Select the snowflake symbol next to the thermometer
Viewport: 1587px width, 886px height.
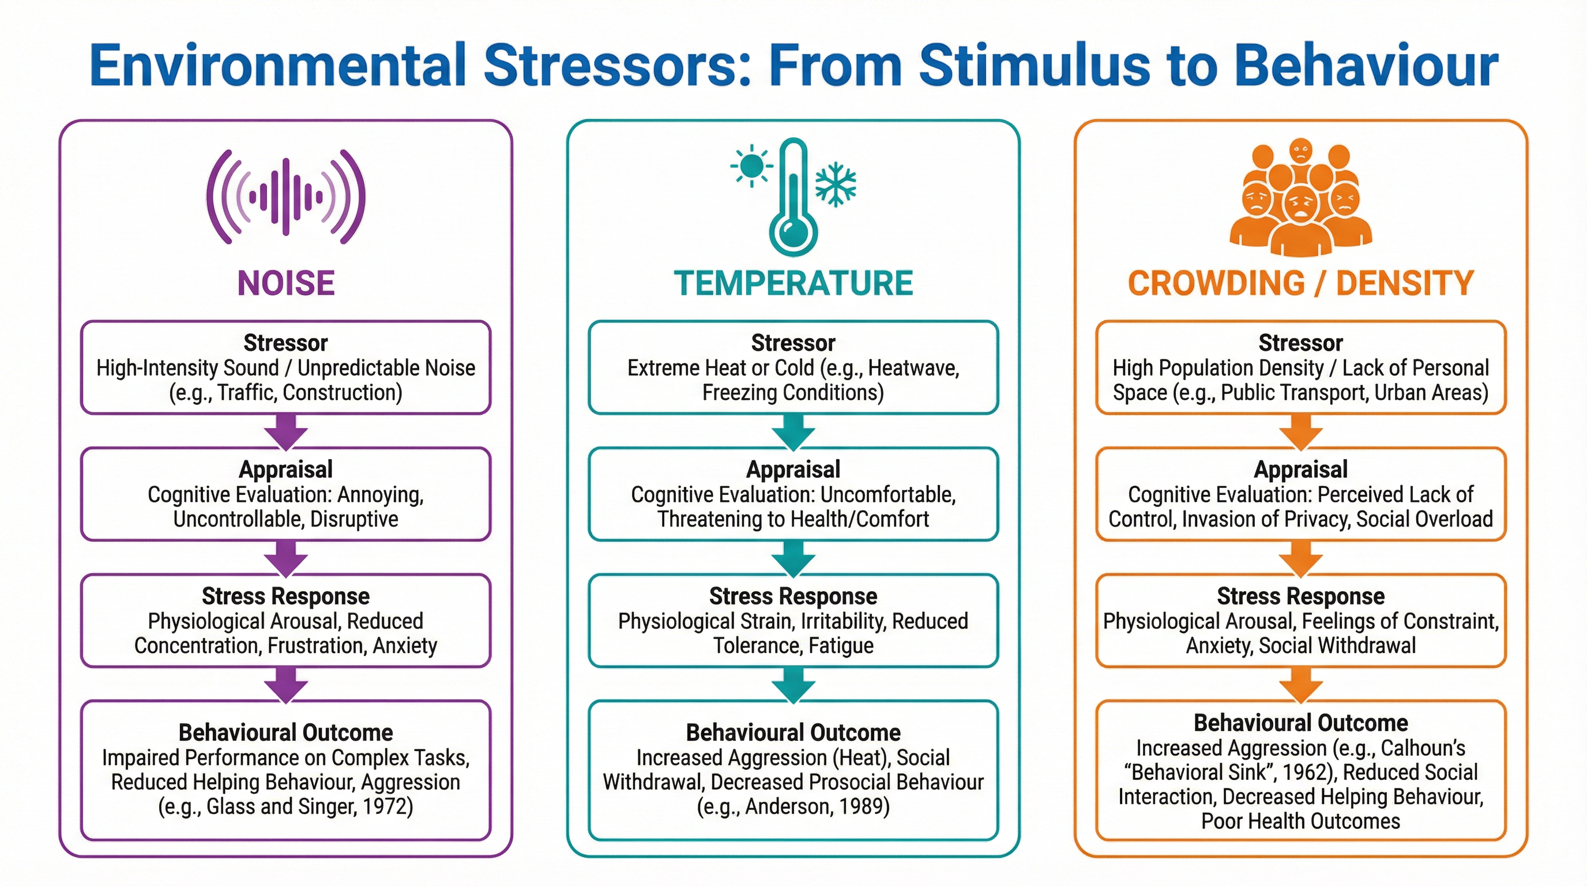coord(836,184)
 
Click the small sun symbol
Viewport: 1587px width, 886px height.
coord(751,166)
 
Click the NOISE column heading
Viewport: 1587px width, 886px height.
coord(286,283)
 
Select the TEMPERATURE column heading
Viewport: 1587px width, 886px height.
coord(793,283)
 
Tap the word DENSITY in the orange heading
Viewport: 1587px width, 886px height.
coord(1405,283)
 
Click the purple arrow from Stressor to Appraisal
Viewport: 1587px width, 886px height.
coord(286,431)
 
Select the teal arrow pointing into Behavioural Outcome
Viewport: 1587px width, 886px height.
coord(793,685)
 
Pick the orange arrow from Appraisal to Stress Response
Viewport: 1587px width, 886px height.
coord(1300,558)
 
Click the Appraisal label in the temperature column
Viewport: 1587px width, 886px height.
coord(793,470)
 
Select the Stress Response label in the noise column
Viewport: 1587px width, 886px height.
coord(286,596)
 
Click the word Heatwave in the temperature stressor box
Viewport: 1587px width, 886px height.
coord(913,368)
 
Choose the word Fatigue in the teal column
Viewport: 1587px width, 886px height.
coord(840,645)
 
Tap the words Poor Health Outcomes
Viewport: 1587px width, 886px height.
coord(1300,821)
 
